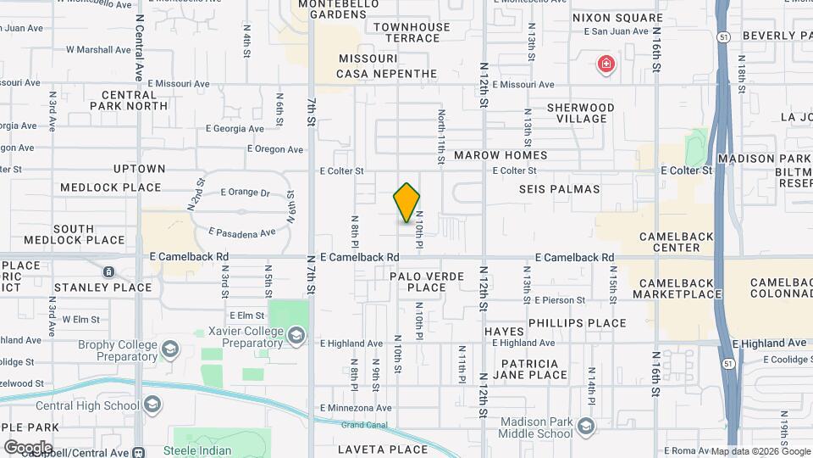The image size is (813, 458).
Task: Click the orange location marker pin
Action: [406, 203]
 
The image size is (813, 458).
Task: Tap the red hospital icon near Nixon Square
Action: [606, 64]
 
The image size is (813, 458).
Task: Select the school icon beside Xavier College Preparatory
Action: [296, 337]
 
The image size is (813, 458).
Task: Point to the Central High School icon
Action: [152, 405]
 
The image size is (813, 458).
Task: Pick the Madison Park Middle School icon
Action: [584, 427]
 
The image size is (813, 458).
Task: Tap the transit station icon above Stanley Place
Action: [108, 271]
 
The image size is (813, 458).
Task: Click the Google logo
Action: [27, 447]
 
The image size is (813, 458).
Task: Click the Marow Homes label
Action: [501, 155]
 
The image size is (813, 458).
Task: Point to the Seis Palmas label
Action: [559, 189]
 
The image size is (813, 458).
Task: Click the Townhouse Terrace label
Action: [412, 32]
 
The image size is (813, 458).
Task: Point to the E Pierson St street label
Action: [556, 300]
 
